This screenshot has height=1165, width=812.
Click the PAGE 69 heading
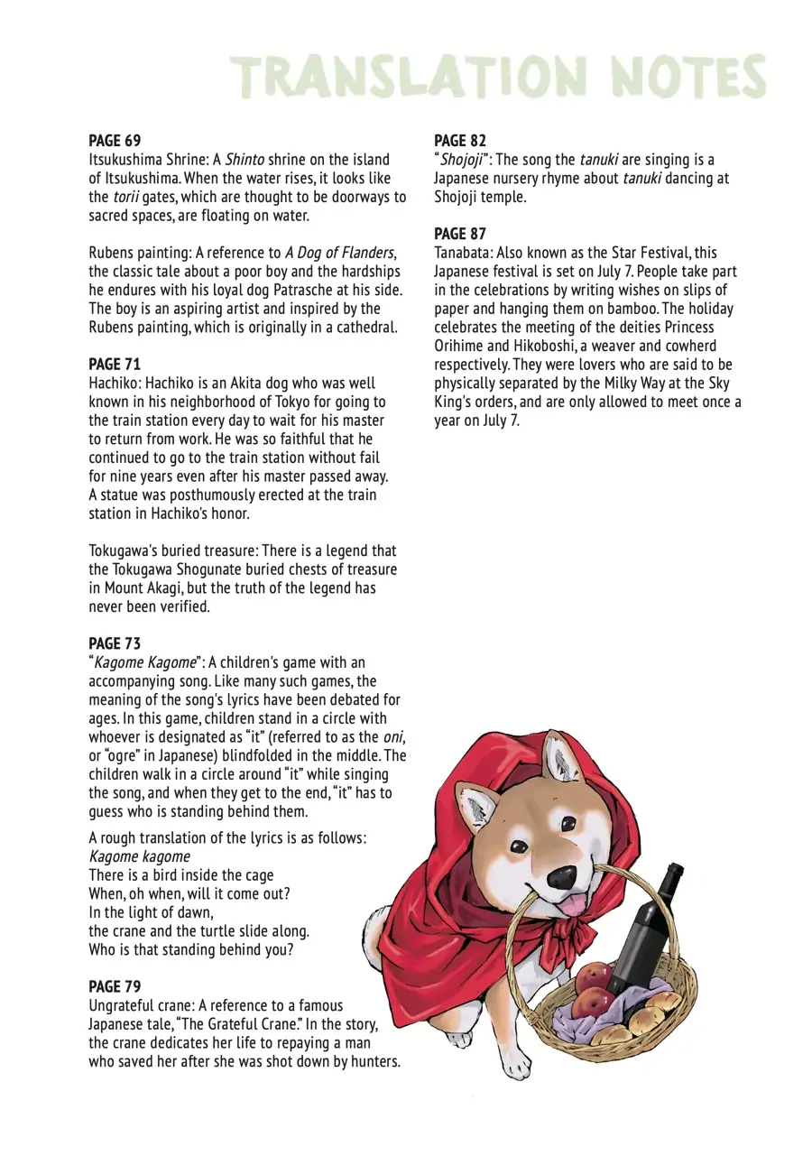pyautogui.click(x=115, y=140)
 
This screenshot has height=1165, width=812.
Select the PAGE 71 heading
pyautogui.click(x=115, y=365)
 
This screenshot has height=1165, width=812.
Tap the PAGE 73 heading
pyautogui.click(x=115, y=643)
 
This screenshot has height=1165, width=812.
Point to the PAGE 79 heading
pyautogui.click(x=115, y=985)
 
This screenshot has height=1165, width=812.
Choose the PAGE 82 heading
pyautogui.click(x=460, y=140)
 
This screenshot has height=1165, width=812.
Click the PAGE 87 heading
pyautogui.click(x=460, y=234)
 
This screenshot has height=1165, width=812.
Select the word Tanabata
pyautogui.click(x=466, y=253)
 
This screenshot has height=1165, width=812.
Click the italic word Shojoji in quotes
pyautogui.click(x=460, y=159)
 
